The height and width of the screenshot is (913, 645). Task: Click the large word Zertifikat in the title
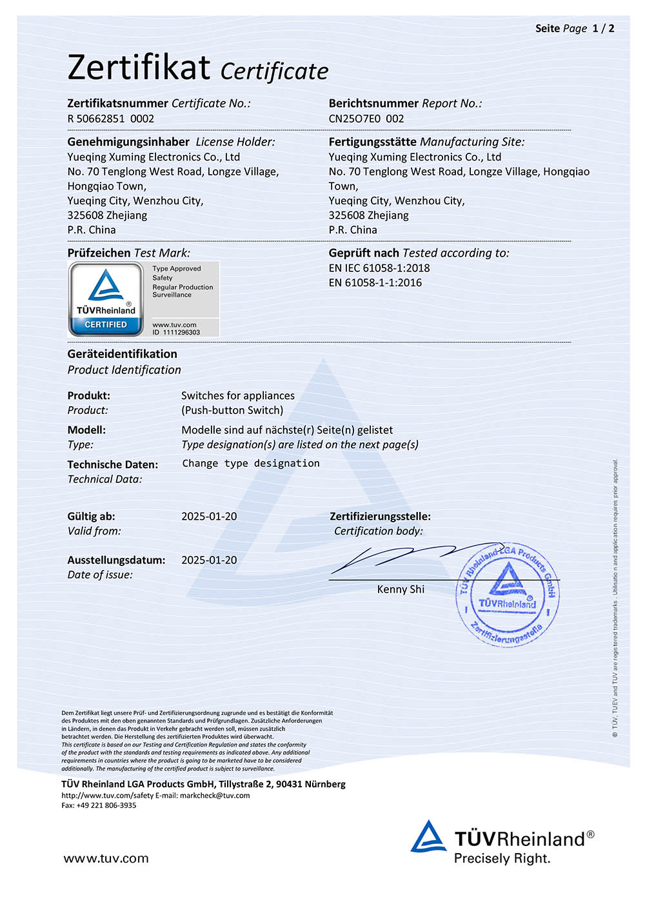click(x=139, y=67)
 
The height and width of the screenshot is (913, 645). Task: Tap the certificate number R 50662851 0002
click(x=111, y=119)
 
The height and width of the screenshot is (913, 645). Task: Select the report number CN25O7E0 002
click(x=366, y=119)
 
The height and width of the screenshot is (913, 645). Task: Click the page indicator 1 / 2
click(x=603, y=28)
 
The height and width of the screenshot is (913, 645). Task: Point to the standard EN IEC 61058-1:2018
click(x=379, y=268)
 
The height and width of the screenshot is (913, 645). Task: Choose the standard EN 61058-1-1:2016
click(x=375, y=282)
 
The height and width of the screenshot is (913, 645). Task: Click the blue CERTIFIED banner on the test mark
click(x=106, y=325)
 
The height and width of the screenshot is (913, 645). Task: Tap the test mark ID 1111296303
click(x=176, y=333)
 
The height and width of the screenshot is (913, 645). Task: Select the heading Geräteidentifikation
click(x=122, y=354)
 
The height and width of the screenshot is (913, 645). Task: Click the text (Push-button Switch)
click(x=232, y=410)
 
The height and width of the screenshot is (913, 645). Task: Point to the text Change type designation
click(x=251, y=464)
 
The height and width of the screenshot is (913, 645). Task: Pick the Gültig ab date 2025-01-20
click(x=209, y=516)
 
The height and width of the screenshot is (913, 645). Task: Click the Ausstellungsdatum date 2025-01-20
click(x=209, y=560)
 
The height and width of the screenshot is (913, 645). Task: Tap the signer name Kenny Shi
click(x=401, y=589)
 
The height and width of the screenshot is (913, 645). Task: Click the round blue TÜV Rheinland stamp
click(x=508, y=594)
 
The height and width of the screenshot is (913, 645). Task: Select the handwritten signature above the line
click(x=413, y=556)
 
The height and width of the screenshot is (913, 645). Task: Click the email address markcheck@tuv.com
click(x=215, y=796)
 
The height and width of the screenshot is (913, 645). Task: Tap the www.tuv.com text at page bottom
click(x=106, y=859)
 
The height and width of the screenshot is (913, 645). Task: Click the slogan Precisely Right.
click(x=502, y=859)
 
